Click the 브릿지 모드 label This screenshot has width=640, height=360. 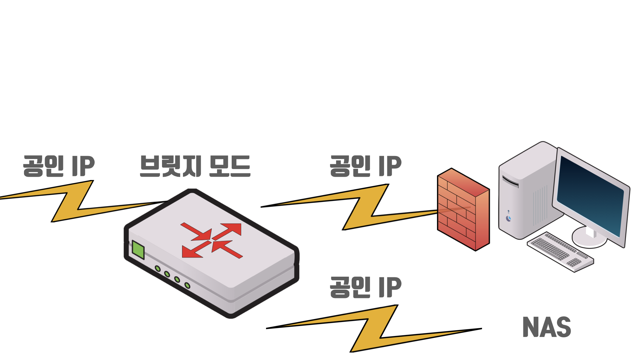195,166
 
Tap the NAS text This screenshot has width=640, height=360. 547,327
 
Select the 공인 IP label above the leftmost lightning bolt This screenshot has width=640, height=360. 59,166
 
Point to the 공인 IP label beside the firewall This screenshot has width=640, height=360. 366,166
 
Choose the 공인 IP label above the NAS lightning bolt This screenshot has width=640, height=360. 366,287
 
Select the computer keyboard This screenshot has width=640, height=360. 560,252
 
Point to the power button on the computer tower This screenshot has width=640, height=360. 509,218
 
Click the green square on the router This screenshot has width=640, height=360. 138,250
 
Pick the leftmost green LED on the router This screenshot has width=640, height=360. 158,269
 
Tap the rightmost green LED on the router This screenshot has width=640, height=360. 187,286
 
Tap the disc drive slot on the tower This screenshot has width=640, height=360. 510,181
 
